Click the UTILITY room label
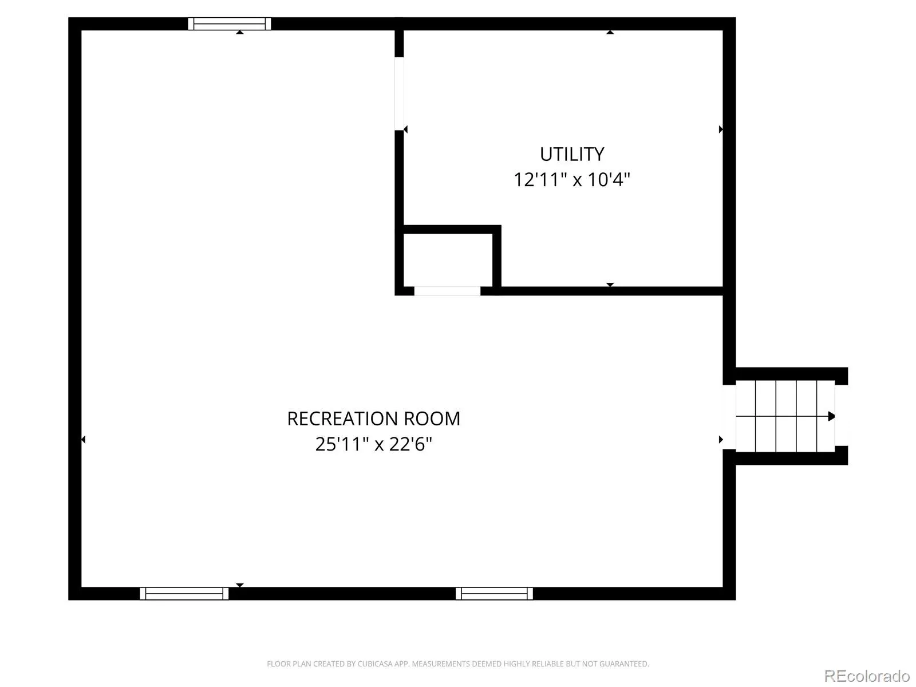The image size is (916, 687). (572, 155)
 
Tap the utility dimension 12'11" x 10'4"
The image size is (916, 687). (572, 180)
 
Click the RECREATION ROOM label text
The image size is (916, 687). (373, 419)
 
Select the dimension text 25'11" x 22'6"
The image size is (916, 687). (373, 444)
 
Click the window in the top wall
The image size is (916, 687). (230, 24)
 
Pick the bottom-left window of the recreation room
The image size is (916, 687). (184, 594)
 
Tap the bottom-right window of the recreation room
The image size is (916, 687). (494, 594)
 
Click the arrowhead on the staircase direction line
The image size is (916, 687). (831, 416)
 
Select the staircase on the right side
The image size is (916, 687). (785, 416)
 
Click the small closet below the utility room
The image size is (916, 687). (448, 260)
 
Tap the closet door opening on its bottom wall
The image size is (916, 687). (447, 291)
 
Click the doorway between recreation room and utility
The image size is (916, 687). (400, 94)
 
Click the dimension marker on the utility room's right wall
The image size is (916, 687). (721, 129)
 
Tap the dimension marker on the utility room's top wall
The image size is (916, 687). (610, 32)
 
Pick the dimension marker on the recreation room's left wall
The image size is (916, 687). (83, 439)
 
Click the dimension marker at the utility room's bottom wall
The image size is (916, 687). (610, 285)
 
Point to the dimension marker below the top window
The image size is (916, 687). (239, 32)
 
